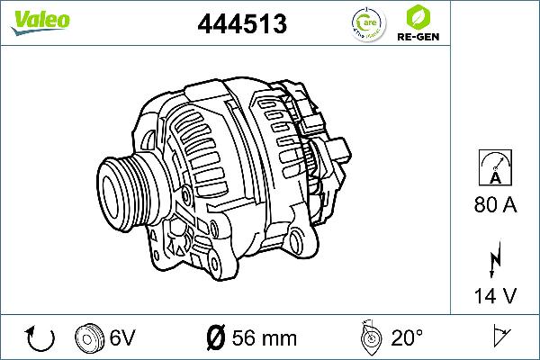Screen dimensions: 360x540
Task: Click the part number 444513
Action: [241, 24]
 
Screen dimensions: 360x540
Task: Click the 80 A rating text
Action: [494, 206]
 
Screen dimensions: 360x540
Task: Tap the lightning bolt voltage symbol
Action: [494, 261]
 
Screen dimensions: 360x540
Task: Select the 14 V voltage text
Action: [494, 295]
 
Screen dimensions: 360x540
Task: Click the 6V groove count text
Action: [122, 338]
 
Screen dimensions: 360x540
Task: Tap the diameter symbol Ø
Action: [215, 338]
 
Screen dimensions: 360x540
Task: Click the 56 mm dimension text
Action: [265, 338]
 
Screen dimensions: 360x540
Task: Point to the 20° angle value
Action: [408, 338]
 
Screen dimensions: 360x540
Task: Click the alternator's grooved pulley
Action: [126, 184]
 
